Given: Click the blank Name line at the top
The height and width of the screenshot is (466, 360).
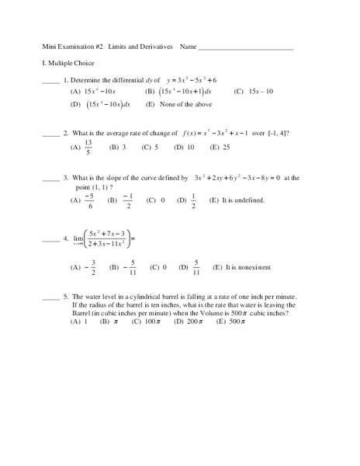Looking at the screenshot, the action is pyautogui.click(x=246, y=50).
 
